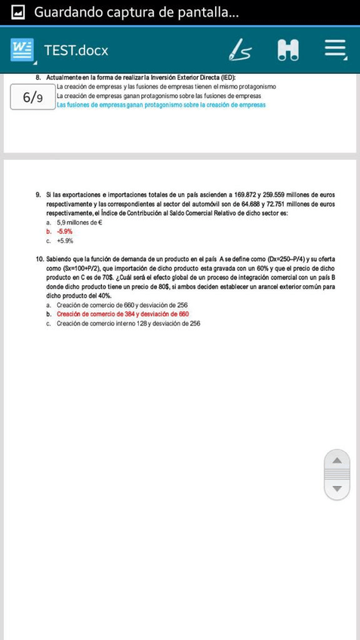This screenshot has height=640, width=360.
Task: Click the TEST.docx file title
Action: click(x=76, y=51)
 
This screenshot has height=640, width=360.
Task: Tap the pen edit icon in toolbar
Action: click(x=240, y=51)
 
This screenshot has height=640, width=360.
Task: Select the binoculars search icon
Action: click(x=288, y=51)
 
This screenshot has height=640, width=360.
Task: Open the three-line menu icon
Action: click(x=335, y=51)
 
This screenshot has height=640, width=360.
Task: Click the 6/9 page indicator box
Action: click(x=32, y=97)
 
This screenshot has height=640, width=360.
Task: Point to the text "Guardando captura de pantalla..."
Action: click(x=136, y=12)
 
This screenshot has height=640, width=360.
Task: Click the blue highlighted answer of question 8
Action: click(x=161, y=105)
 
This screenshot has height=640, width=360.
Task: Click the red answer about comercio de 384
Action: click(x=122, y=314)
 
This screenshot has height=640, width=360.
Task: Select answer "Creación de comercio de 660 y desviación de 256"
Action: click(x=122, y=305)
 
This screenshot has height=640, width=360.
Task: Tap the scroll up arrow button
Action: click(x=337, y=460)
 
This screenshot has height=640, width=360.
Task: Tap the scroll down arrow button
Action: click(x=337, y=488)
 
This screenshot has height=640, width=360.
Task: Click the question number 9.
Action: click(x=38, y=195)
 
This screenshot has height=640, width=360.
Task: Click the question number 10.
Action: click(x=39, y=260)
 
